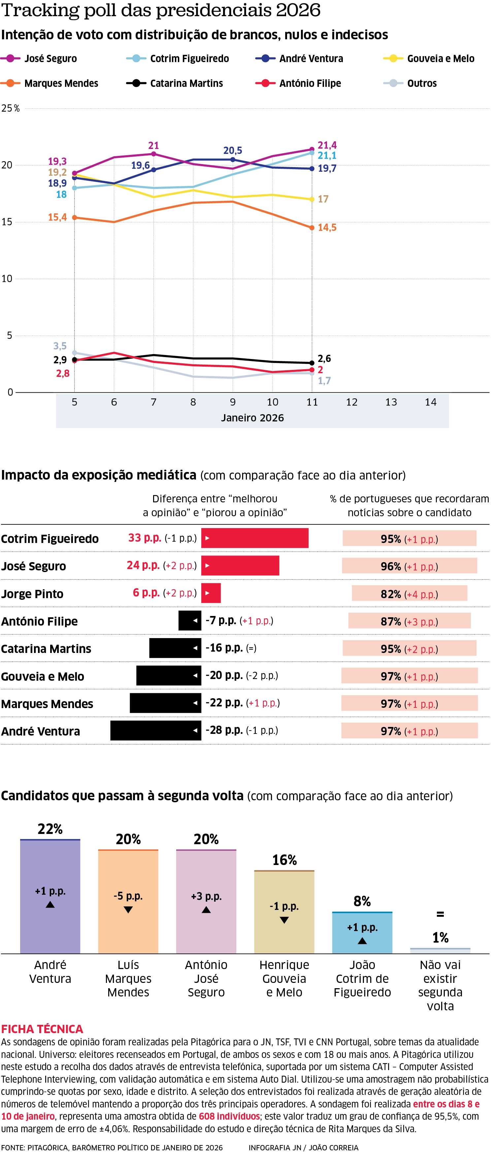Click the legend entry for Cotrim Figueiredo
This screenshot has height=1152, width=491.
[x=189, y=58]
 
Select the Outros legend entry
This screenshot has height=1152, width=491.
[x=421, y=84]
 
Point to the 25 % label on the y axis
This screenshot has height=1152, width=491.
[x=10, y=108]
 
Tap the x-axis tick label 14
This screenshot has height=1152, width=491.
[x=430, y=402]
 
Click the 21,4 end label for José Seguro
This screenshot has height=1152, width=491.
[x=327, y=145]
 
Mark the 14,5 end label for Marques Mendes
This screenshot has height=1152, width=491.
[x=327, y=228]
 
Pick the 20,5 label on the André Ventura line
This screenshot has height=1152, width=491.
[x=233, y=151]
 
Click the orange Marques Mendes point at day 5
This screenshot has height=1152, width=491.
[x=75, y=218]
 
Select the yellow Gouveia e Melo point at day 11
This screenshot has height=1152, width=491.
[x=312, y=199]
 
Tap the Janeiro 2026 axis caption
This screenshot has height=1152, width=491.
[x=252, y=418]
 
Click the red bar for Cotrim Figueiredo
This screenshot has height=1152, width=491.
[x=255, y=538]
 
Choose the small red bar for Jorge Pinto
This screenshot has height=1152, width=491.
[x=211, y=593]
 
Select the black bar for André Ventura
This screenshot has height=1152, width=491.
[x=155, y=730]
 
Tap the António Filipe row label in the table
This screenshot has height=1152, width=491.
[x=39, y=621]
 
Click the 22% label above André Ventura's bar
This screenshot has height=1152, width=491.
[x=50, y=829]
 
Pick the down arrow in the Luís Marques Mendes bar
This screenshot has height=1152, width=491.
[x=128, y=910]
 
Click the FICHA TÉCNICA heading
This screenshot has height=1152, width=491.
[x=42, y=1029]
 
